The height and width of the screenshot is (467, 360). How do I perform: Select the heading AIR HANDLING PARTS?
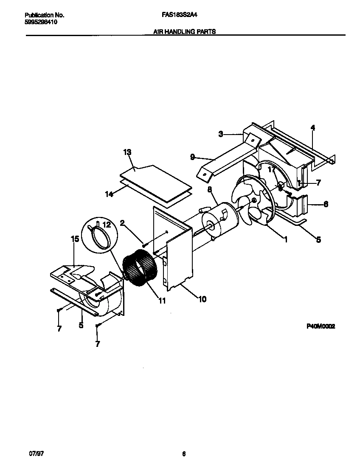(184, 31)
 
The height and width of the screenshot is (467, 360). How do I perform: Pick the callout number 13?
(127, 152)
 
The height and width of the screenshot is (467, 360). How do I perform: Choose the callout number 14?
(109, 194)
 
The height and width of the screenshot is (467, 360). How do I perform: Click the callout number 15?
(75, 239)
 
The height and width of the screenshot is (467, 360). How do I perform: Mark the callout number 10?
(202, 299)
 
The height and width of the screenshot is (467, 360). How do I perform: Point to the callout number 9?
(192, 157)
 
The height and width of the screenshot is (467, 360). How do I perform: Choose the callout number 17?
(270, 169)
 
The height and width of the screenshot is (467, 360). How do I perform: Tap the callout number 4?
(313, 127)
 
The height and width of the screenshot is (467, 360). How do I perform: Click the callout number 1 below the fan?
(286, 240)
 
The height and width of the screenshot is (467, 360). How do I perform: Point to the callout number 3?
(221, 134)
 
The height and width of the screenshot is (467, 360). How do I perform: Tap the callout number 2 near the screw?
(122, 222)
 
